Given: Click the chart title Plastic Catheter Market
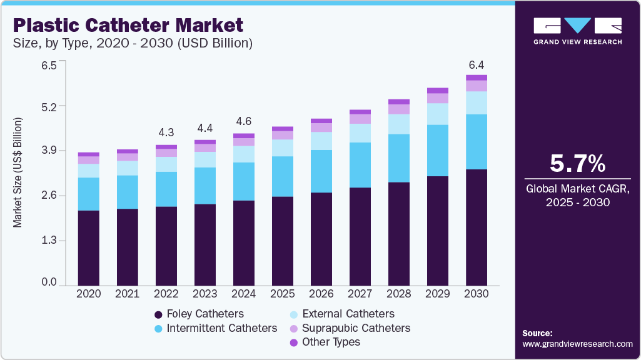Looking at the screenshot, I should (128, 26).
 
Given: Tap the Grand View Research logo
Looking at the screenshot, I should (577, 31).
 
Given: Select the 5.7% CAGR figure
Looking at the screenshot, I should (577, 164).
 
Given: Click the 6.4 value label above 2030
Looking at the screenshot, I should (477, 65).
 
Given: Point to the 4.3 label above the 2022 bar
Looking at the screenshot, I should (166, 133).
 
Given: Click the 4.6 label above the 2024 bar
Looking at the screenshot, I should (244, 121).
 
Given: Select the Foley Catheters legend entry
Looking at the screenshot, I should (199, 314).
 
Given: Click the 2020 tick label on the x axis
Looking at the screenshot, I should (89, 294).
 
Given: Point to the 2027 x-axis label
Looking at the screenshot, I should (360, 294).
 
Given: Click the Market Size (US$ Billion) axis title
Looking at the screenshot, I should (18, 172).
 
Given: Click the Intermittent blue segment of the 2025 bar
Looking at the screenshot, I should (283, 176).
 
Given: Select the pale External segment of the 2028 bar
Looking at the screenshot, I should (399, 124).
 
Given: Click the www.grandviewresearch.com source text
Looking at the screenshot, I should (577, 344).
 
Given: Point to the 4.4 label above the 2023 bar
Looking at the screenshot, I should (205, 128).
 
